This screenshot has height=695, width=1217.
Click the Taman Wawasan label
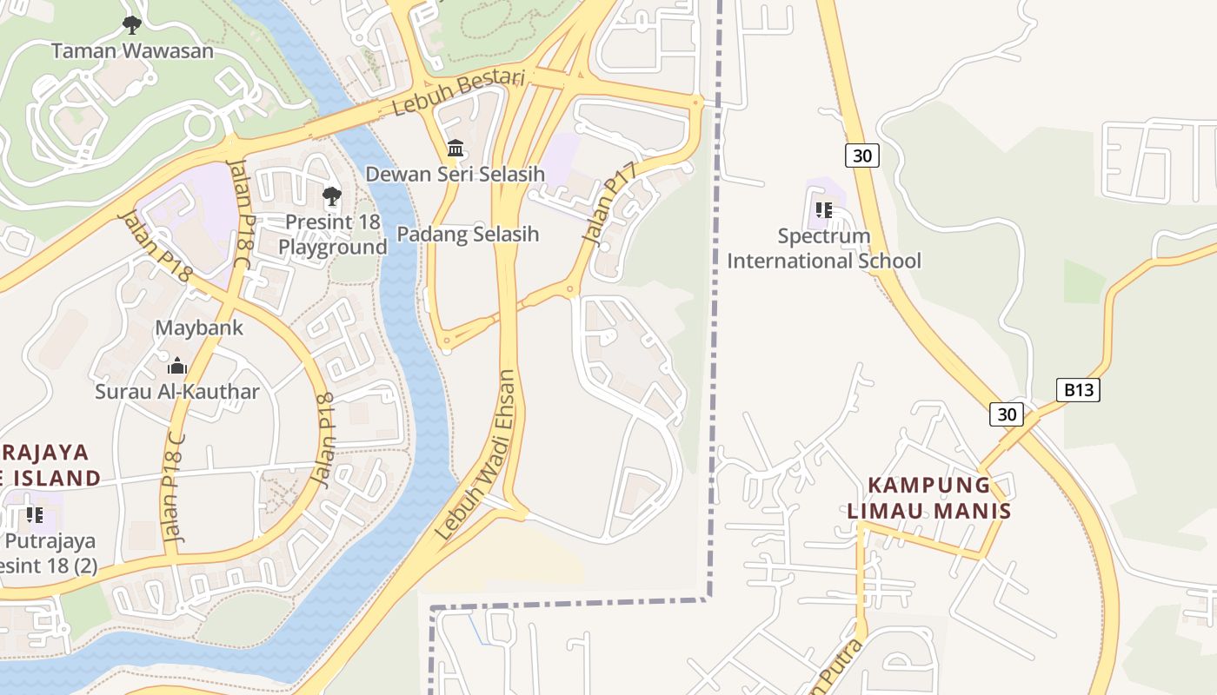[x=132, y=50]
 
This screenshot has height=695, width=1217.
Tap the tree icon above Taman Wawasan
[x=132, y=25]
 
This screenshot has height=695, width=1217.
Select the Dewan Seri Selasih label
[x=455, y=174]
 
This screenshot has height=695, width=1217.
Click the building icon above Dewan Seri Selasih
[x=455, y=149]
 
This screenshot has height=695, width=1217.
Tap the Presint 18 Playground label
[x=333, y=235]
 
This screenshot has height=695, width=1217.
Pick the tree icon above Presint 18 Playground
[x=332, y=196]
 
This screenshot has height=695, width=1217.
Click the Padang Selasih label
[x=468, y=234]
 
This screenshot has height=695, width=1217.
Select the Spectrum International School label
[x=824, y=248]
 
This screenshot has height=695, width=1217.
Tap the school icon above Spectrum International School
[x=824, y=209]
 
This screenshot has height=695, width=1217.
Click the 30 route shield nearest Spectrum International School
[x=861, y=156]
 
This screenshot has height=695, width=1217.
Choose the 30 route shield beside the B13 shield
[x=1007, y=414]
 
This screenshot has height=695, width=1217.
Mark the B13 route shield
[x=1079, y=390]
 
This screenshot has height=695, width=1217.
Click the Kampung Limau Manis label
[x=929, y=498]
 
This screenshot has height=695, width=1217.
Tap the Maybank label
[x=199, y=328]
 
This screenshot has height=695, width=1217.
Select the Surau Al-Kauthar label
[x=177, y=392]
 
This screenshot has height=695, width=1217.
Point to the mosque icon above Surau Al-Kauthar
[x=177, y=366]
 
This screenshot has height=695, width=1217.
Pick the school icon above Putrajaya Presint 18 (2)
[x=35, y=515]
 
